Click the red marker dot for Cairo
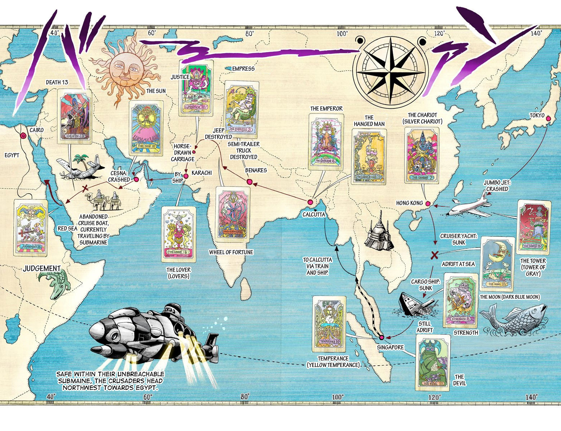pyautogui.click(x=23, y=135)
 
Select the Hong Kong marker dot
pyautogui.click(x=428, y=204)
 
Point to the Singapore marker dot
pyautogui.click(x=382, y=337)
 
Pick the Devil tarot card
pyautogui.click(x=433, y=362)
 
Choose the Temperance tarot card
pyautogui.click(x=329, y=324)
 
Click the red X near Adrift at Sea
pyautogui.click(x=434, y=255)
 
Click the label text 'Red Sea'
pyautogui.click(x=68, y=229)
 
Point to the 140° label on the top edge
pyautogui.click(x=536, y=33)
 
